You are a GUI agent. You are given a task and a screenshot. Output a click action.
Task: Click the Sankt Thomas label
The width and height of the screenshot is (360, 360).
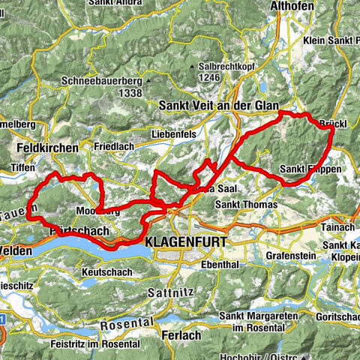click(x=245, y=204)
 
